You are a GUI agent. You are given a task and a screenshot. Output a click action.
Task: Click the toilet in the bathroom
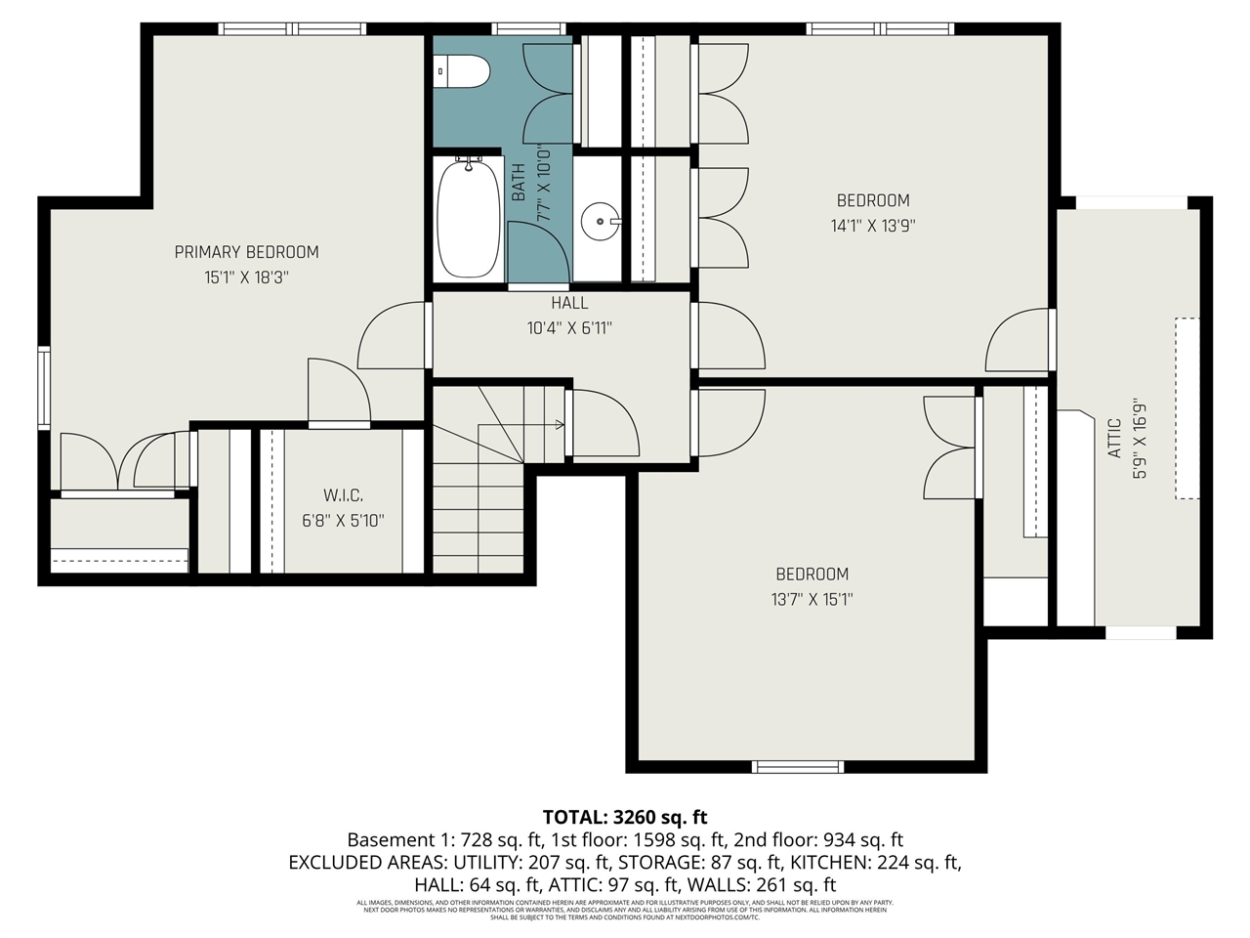pos(464,70)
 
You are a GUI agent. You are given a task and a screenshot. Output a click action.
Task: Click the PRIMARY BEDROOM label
pos(246,252)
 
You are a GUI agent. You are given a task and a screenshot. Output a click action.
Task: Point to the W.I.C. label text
pos(343,495)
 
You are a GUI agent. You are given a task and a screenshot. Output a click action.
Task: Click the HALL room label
pos(569,303)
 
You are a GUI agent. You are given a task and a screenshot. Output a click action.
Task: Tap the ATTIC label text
pos(1114,440)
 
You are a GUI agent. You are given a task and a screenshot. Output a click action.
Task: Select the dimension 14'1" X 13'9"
pos(873,226)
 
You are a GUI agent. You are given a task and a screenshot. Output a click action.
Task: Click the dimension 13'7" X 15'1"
pos(812,599)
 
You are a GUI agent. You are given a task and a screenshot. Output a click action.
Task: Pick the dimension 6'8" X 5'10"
pos(343,521)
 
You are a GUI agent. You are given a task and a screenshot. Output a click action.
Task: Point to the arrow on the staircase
pos(558,425)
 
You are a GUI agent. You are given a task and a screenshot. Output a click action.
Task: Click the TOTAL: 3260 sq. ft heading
pos(625,817)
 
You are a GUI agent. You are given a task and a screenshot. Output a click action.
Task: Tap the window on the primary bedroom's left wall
pos(43,387)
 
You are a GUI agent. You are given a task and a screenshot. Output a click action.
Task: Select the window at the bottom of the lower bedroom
pos(797,767)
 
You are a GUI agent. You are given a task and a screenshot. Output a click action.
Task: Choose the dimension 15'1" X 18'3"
pos(246,277)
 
